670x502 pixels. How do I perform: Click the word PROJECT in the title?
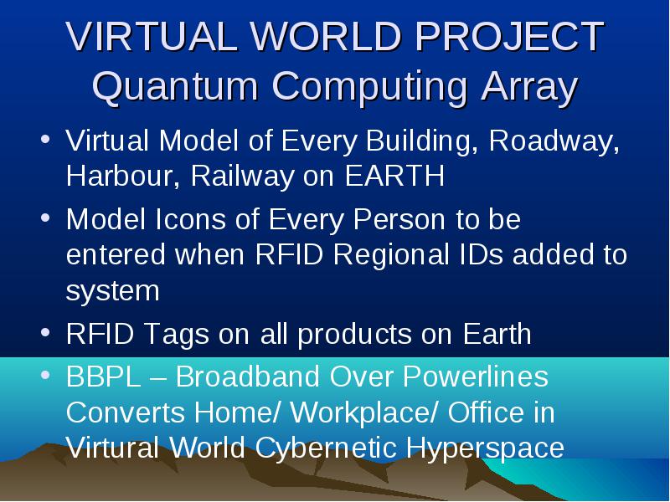[x=509, y=36]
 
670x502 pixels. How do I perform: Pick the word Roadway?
[x=554, y=141]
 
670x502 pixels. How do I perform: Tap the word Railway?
[x=242, y=177]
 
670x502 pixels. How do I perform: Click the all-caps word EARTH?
[x=394, y=176]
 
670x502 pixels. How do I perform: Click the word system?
[x=113, y=290]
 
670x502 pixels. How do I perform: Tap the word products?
[x=354, y=335]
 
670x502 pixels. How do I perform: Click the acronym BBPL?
[x=103, y=376]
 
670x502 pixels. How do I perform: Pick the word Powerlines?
[x=476, y=376]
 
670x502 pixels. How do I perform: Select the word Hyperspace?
[x=485, y=449]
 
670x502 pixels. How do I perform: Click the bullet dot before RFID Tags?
[x=45, y=332]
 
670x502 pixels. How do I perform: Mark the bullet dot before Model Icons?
[x=45, y=218]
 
